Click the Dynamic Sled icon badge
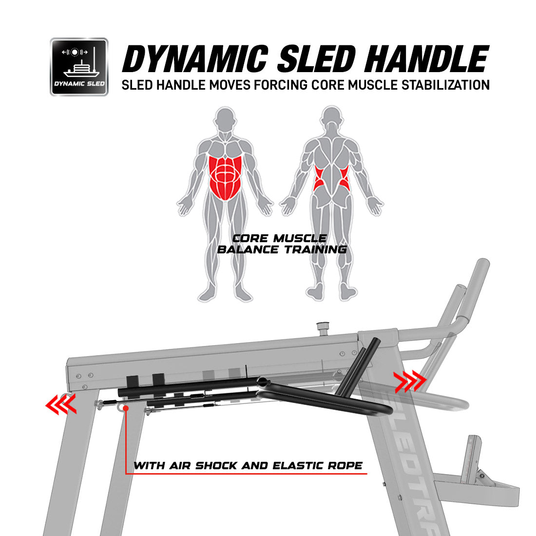79,67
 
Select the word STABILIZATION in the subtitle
445,85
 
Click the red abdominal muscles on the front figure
226,178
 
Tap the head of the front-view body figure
225,118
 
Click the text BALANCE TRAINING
282,249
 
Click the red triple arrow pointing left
61,404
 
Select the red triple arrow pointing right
409,381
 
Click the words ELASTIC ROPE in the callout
318,465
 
